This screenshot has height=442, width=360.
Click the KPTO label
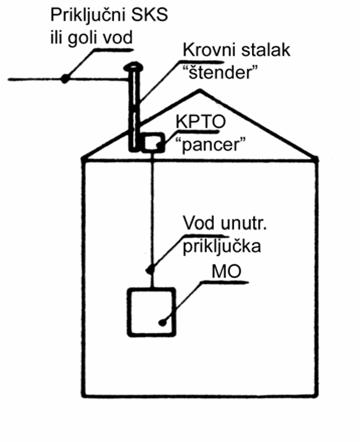(201, 122)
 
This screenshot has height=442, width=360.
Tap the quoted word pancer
(213, 145)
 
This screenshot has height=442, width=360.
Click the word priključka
(222, 247)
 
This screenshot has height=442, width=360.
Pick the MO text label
(226, 272)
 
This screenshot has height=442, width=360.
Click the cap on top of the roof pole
(133, 68)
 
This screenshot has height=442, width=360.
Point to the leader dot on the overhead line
(65, 79)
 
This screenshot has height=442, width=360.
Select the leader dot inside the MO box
(163, 322)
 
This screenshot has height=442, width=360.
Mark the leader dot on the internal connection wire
(151, 268)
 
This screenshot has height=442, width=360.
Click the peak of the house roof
(199, 90)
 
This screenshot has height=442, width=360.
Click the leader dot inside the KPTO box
(159, 145)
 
